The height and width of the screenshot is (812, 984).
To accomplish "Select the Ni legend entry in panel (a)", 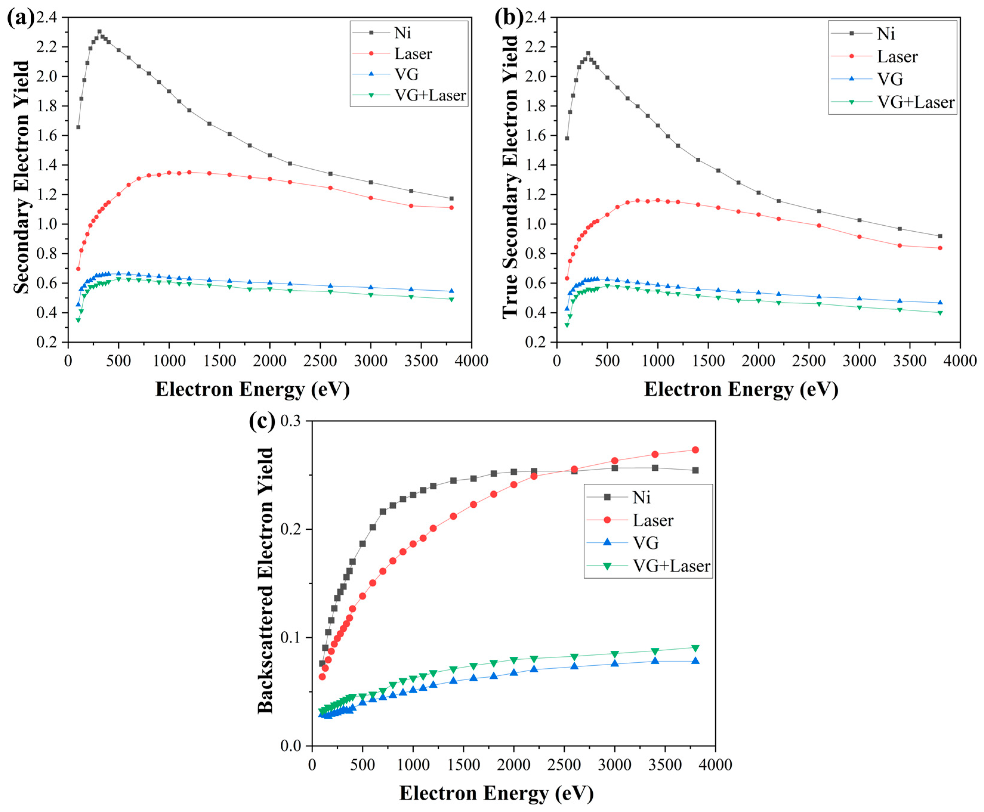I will [x=402, y=33].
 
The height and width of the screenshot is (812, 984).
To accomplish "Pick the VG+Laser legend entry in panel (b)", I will [x=915, y=102].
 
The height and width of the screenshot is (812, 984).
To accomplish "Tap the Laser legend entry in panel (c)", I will [x=653, y=520].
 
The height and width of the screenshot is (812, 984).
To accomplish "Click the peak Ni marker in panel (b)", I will [x=588, y=53].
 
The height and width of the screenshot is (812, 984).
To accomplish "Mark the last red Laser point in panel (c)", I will [x=695, y=450].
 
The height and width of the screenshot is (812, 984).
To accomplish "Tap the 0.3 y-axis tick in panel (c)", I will [x=290, y=421].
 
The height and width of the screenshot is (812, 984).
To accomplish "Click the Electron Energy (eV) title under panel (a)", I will [x=252, y=389].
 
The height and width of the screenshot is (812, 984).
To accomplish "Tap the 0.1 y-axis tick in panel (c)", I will [x=290, y=638].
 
